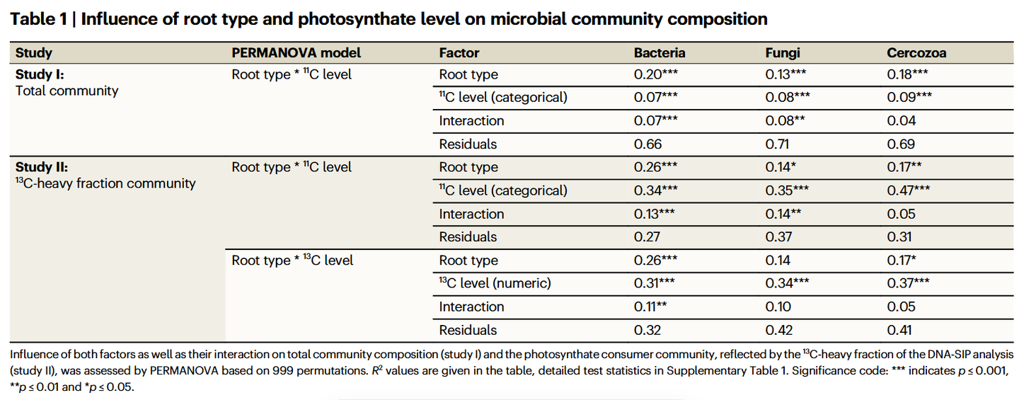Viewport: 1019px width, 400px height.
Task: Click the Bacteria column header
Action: point(660,53)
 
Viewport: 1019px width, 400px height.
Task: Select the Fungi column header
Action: point(782,53)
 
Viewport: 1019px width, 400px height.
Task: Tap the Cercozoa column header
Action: point(916,53)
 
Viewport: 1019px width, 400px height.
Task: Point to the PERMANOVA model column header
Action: point(296,53)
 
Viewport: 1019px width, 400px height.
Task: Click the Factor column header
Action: point(459,53)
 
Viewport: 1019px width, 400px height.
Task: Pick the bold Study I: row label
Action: point(40,74)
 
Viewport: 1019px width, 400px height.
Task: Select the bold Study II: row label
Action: point(41,167)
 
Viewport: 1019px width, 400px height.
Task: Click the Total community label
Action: point(67,91)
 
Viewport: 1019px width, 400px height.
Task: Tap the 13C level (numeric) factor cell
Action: point(495,283)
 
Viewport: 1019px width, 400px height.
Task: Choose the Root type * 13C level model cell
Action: point(292,260)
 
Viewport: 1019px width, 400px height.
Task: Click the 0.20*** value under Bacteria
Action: point(655,74)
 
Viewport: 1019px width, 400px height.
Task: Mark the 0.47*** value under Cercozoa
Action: point(908,190)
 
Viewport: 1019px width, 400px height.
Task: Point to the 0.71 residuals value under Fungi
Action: point(777,144)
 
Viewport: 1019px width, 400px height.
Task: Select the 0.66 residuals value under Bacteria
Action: point(647,144)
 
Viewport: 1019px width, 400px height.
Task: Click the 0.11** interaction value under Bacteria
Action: point(650,307)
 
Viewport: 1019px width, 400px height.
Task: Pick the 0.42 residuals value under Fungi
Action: point(779,329)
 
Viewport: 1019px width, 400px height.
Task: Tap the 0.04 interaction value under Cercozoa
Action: point(902,120)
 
